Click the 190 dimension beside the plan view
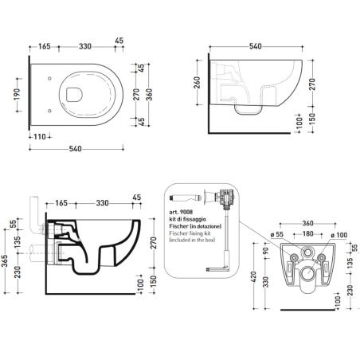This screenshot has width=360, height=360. pos(17,95)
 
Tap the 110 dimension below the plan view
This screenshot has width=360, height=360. pos(40,137)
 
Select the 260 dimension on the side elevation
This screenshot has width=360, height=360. pos(197,83)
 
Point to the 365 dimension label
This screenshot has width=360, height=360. pos(5,261)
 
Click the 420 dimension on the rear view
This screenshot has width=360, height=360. pos(253,276)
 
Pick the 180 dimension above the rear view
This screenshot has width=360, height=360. pos(308,234)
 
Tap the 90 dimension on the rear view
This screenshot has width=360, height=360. pos(266,250)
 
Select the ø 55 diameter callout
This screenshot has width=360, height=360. pos(277,235)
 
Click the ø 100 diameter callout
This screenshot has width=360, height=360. pos(339,235)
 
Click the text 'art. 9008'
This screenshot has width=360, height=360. pos(181,212)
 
